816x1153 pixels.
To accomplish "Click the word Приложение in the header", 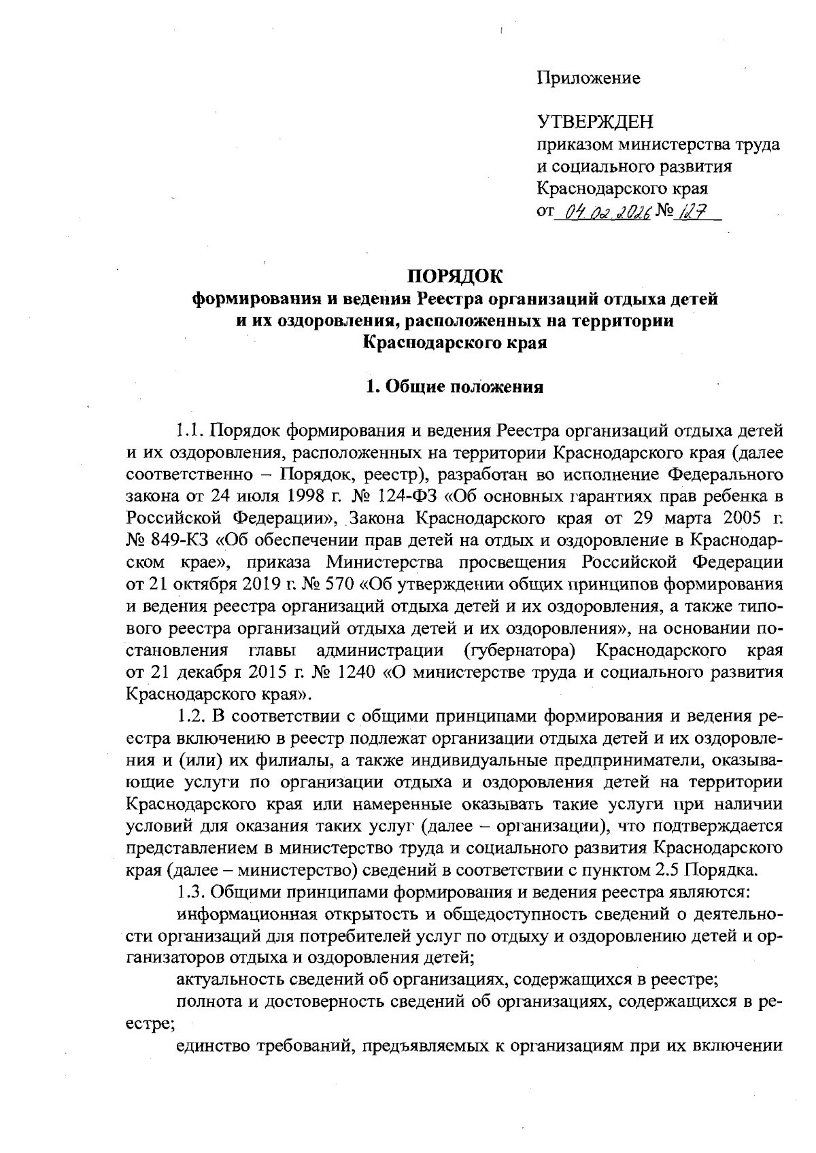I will click(x=588, y=79).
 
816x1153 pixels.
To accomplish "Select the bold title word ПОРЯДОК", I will click(x=455, y=276).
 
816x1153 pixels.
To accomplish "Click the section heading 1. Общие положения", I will click(x=455, y=388).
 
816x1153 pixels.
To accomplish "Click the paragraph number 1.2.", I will click(x=190, y=717).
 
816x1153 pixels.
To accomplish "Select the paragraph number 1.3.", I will click(x=190, y=893).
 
